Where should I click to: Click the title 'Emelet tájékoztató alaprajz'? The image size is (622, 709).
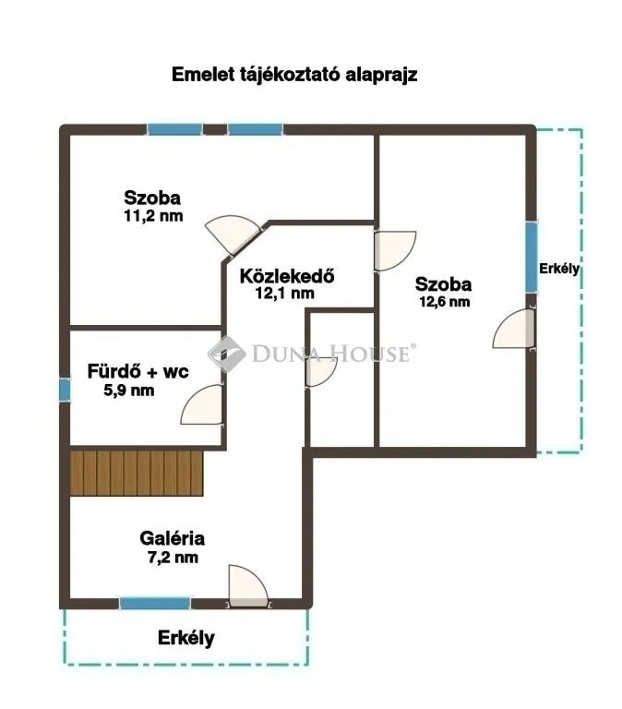[x=294, y=76]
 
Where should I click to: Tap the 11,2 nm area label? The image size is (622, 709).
[x=152, y=216]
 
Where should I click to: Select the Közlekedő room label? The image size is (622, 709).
[x=286, y=275]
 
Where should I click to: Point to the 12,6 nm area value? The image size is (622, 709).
[x=444, y=301]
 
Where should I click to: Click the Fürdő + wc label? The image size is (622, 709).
[x=138, y=372]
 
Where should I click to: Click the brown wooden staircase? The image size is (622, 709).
[x=136, y=473]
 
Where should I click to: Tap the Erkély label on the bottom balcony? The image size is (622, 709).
[x=185, y=637]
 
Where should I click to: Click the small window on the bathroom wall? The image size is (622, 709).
[x=65, y=389]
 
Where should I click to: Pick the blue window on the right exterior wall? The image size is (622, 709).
[x=532, y=256]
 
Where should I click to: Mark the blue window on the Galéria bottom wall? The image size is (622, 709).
[x=155, y=603]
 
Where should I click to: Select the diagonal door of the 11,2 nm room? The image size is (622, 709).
[x=233, y=233]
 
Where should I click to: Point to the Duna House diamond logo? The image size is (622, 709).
[x=224, y=352]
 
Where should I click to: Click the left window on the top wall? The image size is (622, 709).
[x=175, y=129]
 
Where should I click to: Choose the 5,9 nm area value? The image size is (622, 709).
[x=129, y=390]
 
